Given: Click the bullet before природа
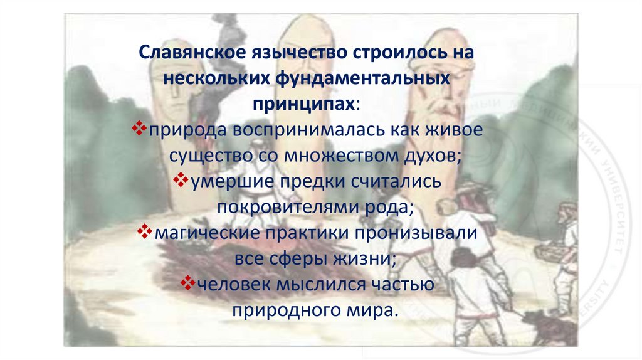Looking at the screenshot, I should (137, 129).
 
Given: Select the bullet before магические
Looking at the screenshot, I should (142, 232).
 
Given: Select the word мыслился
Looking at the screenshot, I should (314, 285).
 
